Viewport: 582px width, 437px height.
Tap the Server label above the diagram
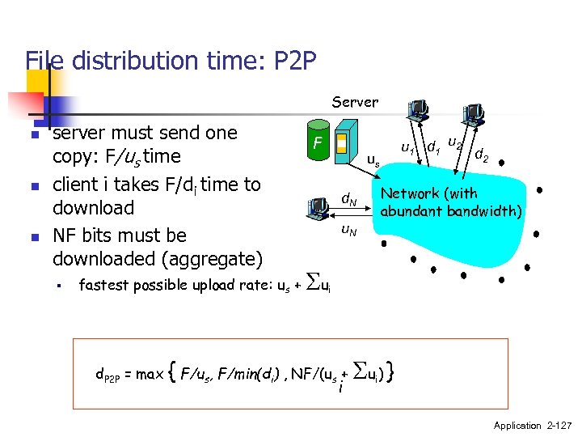click(x=355, y=102)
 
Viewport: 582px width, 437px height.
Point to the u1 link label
click(x=408, y=146)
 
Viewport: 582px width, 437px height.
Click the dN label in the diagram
click(x=348, y=199)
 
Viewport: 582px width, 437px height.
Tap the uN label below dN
click(x=348, y=231)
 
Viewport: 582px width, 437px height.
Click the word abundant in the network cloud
click(x=411, y=212)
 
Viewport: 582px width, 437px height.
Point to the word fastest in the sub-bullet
click(x=103, y=285)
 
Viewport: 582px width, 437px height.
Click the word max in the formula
click(x=151, y=375)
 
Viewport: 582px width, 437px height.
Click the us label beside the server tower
click(x=373, y=160)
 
